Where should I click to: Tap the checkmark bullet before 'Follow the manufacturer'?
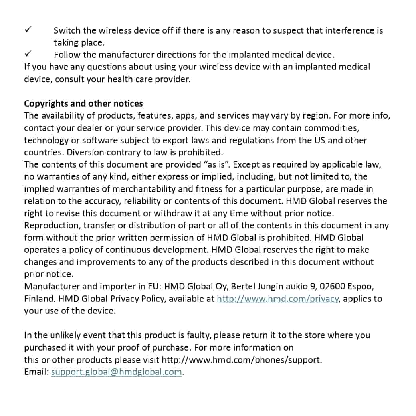tap(28, 54)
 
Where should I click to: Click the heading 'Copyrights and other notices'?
tap(83, 103)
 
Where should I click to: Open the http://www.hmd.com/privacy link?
tap(278, 299)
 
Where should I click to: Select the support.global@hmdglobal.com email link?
tap(117, 372)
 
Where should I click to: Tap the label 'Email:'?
tap(36, 372)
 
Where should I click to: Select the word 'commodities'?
tap(332, 128)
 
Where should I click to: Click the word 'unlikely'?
tap(66, 335)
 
